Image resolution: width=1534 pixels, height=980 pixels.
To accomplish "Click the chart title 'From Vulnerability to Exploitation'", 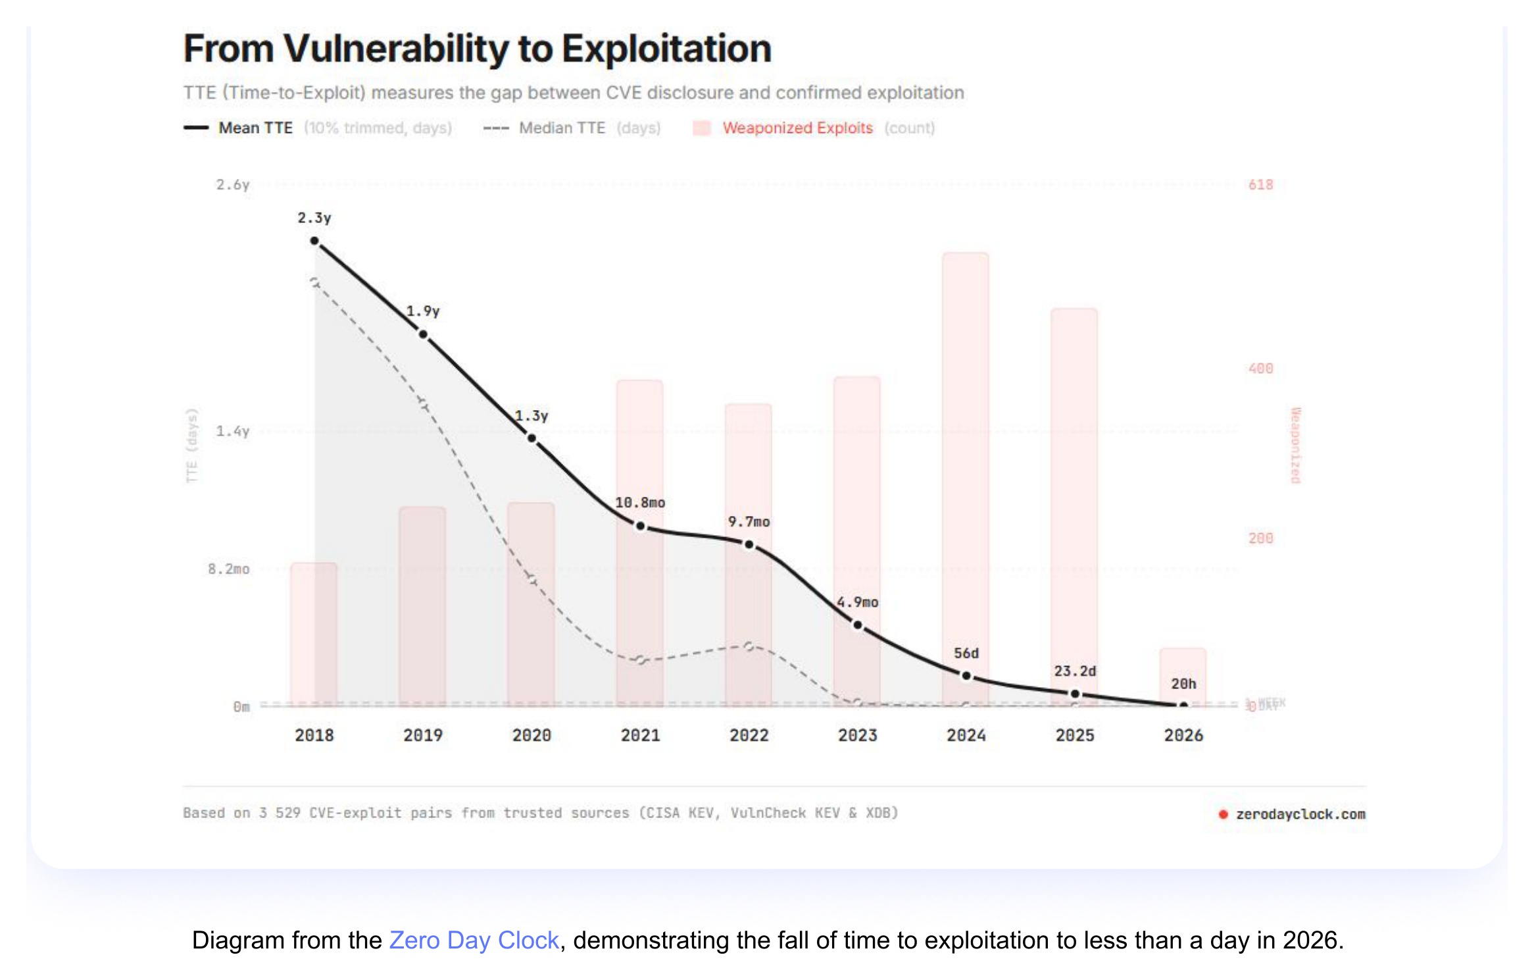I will [x=477, y=49].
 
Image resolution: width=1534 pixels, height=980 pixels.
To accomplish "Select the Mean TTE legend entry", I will [x=255, y=128].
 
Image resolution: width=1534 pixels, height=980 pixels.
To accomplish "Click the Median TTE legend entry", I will [x=561, y=128].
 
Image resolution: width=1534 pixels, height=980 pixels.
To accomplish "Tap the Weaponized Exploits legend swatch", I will [x=702, y=128].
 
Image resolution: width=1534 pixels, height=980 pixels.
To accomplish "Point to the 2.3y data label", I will [x=314, y=218].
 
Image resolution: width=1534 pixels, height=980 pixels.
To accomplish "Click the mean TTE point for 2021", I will [x=640, y=526].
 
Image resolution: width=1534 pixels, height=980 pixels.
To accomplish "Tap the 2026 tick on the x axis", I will [x=1183, y=735].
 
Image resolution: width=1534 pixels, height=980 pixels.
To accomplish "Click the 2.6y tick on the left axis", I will [x=233, y=185].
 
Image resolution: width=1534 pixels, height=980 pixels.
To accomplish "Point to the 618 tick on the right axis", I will [x=1260, y=185].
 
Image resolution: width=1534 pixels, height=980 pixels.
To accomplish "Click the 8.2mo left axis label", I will [x=229, y=569].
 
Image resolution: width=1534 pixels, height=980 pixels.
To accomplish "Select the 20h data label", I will [x=1183, y=684].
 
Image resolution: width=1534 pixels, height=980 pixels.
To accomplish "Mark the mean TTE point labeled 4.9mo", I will [x=858, y=625].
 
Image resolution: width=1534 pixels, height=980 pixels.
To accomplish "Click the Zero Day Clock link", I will [x=474, y=940].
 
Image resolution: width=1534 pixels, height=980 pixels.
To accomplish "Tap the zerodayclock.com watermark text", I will [x=1300, y=814].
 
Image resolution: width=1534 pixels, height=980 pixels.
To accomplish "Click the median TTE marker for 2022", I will [x=749, y=646].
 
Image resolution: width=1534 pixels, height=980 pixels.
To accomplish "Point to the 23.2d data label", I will [x=1075, y=671].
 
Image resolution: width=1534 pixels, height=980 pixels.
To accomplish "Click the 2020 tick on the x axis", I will [x=532, y=735].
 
